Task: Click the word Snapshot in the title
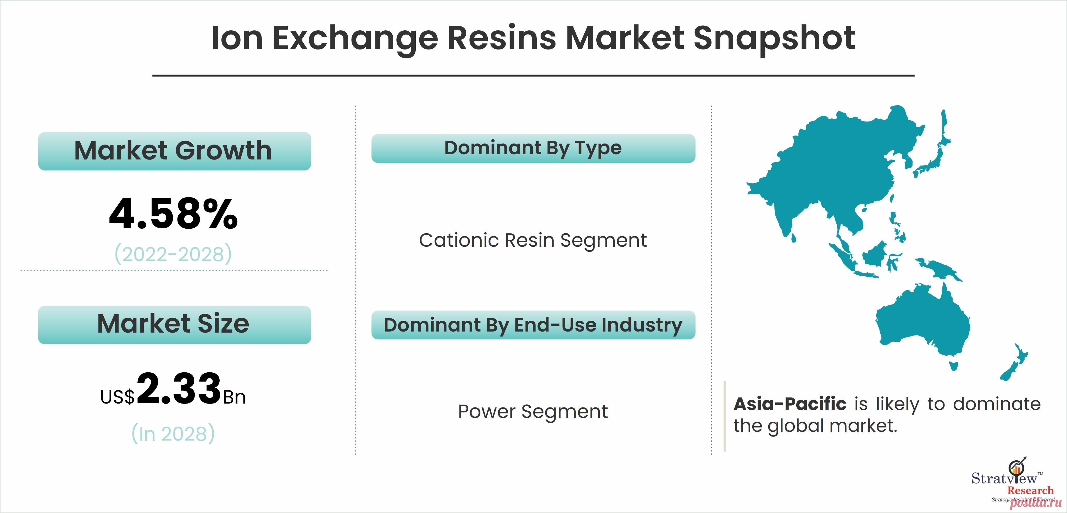[x=774, y=38]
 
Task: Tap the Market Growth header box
[x=174, y=151]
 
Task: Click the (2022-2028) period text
[x=173, y=254]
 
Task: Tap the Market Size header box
[x=174, y=324]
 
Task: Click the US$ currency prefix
[x=117, y=397]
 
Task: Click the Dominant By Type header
[x=533, y=148]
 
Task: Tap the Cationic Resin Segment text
[x=533, y=240]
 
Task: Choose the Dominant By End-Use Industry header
[x=533, y=325]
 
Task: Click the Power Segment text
[x=533, y=411]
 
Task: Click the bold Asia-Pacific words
[x=790, y=404]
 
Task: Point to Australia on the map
[x=924, y=323]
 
